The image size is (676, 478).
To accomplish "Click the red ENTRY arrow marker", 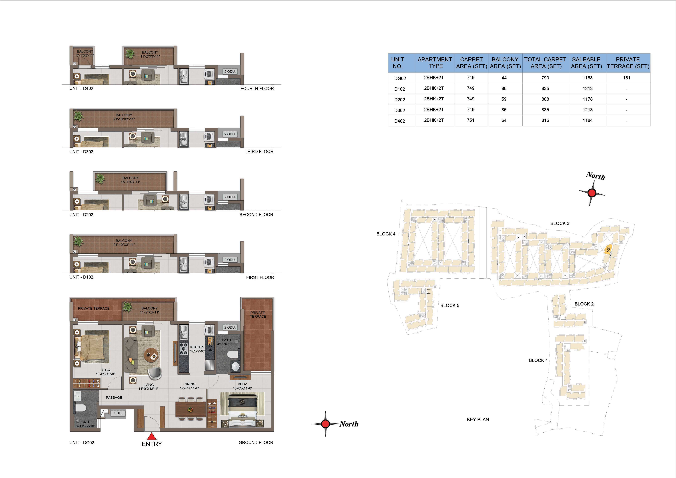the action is point(151,436).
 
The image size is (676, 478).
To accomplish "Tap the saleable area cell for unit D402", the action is point(587,120).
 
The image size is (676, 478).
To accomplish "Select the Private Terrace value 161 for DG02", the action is point(627,78).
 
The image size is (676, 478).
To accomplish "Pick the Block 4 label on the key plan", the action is point(386,234).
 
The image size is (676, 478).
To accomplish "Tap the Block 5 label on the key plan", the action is point(450,305).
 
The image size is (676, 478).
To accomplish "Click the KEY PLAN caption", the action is point(477,419).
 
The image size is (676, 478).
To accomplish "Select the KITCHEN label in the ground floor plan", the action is point(197,347).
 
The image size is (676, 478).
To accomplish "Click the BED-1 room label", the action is point(243,384).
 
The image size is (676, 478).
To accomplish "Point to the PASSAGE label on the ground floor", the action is point(114,397).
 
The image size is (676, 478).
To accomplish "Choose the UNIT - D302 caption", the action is point(81,152).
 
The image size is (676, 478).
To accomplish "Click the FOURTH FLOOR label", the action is point(257,88).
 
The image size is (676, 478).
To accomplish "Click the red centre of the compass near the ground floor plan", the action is point(325,424).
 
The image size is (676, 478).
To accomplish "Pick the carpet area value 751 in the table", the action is point(470,120).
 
